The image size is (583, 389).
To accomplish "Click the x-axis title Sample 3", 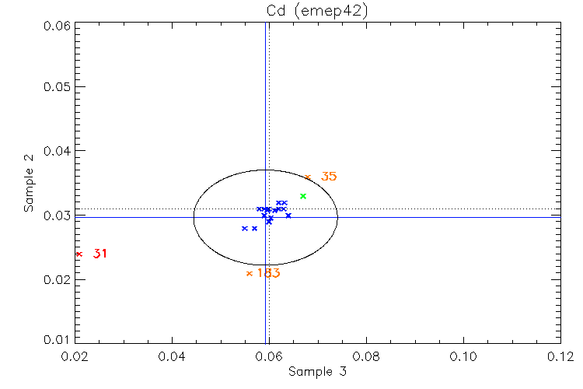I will (317, 372).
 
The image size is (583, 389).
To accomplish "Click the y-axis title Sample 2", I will (30, 184).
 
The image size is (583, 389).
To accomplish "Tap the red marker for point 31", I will (79, 254).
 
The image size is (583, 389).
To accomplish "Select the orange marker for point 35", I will (308, 177).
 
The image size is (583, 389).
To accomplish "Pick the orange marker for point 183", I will (250, 273).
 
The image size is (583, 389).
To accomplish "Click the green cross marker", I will (303, 196).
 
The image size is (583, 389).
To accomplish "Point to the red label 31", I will (99, 254).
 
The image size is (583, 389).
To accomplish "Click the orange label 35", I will (329, 177).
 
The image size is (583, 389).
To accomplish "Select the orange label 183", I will (268, 273).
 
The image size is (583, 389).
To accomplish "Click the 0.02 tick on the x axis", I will (75, 356).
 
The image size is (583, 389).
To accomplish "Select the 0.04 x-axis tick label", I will (172, 356).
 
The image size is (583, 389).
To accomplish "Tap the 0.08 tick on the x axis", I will (366, 356).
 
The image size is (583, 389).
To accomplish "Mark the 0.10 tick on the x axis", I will (463, 356).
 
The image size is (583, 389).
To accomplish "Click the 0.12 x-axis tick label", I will (560, 356).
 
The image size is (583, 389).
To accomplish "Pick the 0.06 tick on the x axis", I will (269, 356).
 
